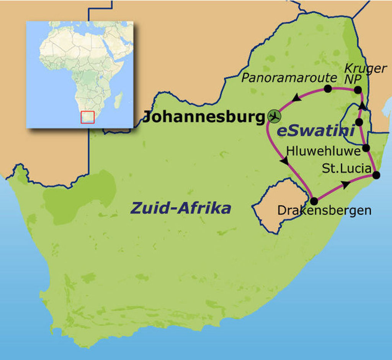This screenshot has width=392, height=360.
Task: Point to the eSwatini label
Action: point(315,131)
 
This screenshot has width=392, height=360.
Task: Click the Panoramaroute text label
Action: point(289,78)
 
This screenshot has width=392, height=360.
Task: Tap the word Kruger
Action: point(365,68)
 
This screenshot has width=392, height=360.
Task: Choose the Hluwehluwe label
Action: point(323,151)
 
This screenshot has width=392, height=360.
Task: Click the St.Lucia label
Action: point(346,168)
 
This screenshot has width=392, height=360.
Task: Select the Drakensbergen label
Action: point(324,210)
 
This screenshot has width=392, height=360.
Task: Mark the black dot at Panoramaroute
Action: point(328,88)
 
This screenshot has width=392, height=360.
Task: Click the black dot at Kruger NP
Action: point(358,90)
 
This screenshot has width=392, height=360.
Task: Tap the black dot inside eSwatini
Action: point(359,122)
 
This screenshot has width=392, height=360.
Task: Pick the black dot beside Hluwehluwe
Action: point(366,148)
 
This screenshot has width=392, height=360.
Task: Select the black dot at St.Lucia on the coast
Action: point(376,175)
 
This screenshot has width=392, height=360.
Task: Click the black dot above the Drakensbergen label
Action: point(314,201)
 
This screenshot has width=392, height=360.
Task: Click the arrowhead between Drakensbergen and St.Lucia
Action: point(345,185)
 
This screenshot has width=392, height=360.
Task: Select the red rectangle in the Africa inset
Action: point(88,117)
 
